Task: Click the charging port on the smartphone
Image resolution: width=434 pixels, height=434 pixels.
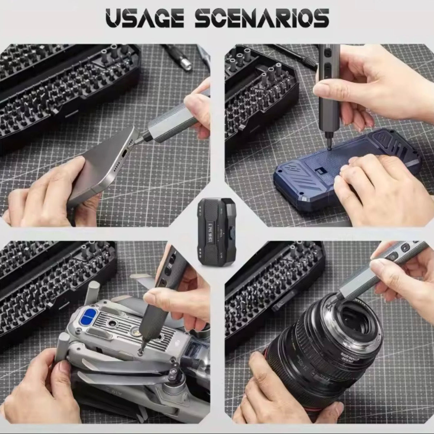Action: point(124,154)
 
